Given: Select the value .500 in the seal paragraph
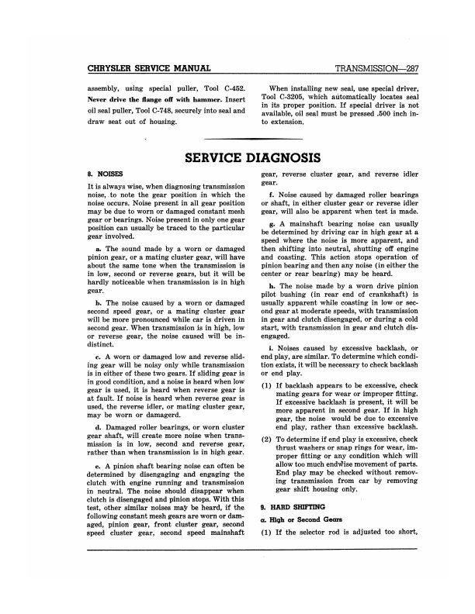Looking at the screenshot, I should pos(380,113).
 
